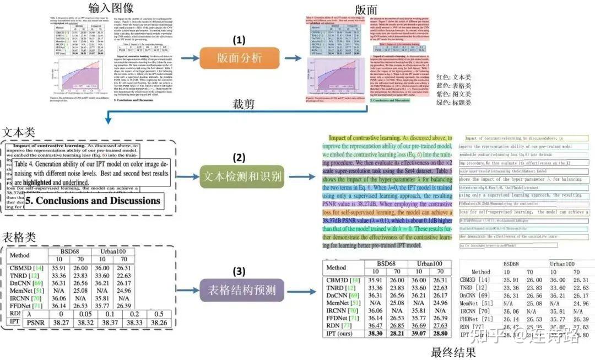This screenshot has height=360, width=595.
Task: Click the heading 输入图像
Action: pyautogui.click(x=111, y=8)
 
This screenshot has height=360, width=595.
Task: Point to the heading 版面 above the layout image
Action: pyautogui.click(x=366, y=9)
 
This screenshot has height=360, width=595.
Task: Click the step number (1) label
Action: pyautogui.click(x=238, y=40)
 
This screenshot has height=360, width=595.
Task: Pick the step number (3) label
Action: pyautogui.click(x=239, y=271)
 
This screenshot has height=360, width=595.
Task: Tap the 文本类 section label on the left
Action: pyautogui.click(x=18, y=133)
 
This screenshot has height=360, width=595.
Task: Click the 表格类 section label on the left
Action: pyautogui.click(x=18, y=238)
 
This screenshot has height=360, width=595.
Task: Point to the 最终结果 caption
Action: pyautogui.click(x=453, y=352)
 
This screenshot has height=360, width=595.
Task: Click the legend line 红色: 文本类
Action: pyautogui.click(x=453, y=78)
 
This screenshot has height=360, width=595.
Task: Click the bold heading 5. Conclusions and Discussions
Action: pyautogui.click(x=98, y=201)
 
